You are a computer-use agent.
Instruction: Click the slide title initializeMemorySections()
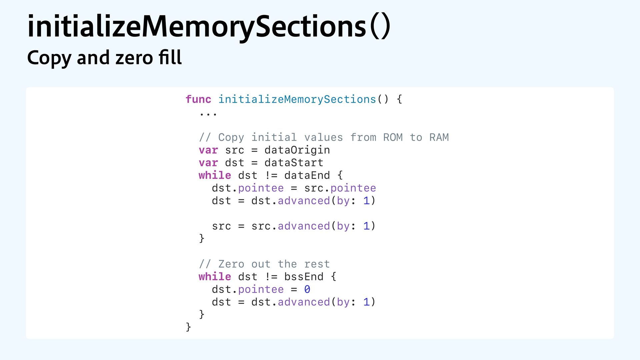pos(209,27)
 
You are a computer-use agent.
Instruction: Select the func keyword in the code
pos(198,99)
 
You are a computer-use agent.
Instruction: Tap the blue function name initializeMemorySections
pos(297,99)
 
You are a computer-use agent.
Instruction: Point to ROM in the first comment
pos(393,137)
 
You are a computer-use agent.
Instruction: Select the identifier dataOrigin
pos(297,150)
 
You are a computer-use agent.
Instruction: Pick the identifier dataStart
pos(294,163)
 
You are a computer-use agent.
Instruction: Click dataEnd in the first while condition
pos(307,175)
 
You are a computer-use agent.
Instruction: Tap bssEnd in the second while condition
pos(304,277)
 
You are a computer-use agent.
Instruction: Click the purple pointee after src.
pos(353,188)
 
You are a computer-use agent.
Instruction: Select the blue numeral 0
pos(307,289)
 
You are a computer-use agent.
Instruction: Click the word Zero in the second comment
pos(231,264)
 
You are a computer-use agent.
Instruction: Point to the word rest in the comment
pos(317,264)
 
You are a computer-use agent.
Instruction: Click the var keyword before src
pos(208,150)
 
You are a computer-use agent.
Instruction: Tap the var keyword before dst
pos(208,163)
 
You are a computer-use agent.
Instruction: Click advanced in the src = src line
pos(304,226)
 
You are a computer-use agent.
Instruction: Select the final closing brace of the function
pos(188,327)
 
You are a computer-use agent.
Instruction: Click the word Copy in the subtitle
pos(49,58)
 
